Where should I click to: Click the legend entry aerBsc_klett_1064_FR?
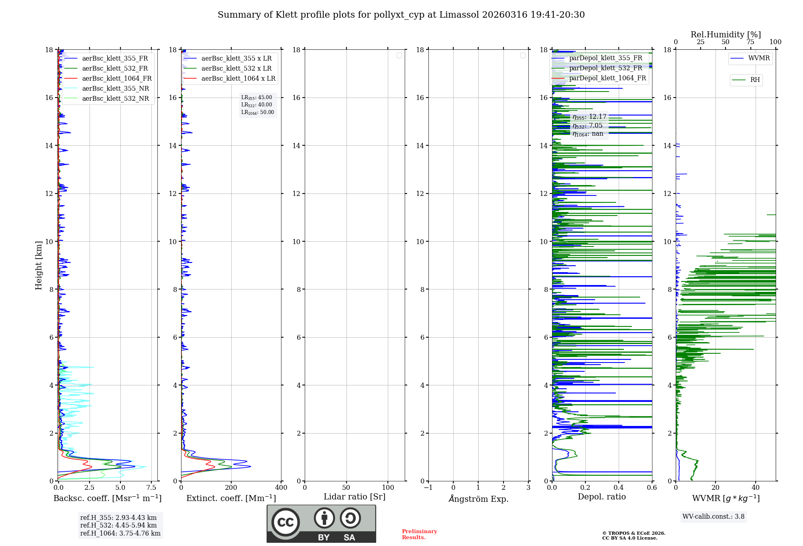[117, 79]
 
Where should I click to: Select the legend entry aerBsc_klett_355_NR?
[116, 89]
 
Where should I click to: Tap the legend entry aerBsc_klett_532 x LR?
[236, 69]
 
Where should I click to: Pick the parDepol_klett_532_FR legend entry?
[605, 68]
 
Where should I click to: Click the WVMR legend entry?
[759, 59]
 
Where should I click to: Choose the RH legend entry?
[755, 80]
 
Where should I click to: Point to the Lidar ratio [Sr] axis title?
[355, 497]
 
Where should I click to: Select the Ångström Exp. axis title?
[478, 499]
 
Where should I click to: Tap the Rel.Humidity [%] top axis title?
[726, 35]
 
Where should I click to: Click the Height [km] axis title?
[39, 265]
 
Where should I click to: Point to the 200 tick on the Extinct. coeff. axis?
[231, 488]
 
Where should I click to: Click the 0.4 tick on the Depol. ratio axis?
[619, 488]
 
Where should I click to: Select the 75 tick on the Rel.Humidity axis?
[750, 42]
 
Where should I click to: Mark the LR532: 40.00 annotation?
[257, 105]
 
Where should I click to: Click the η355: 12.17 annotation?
[589, 117]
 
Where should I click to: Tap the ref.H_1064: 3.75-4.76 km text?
[120, 534]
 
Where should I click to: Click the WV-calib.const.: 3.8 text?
[713, 517]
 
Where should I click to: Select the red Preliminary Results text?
[419, 534]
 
